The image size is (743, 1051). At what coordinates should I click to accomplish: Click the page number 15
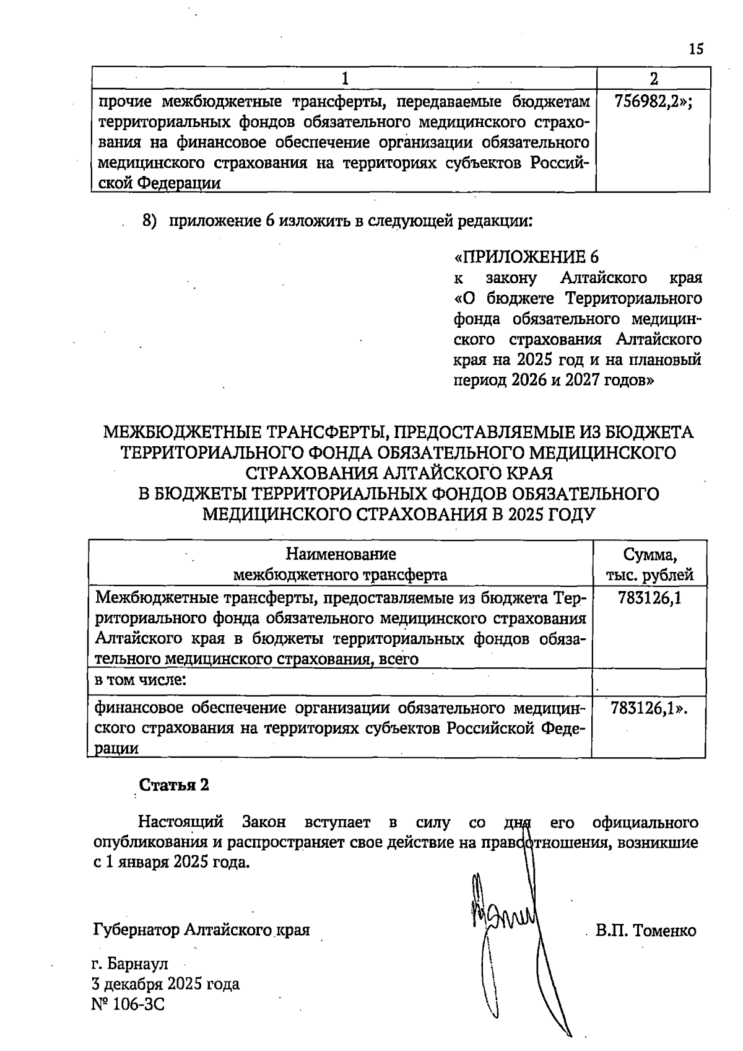(x=696, y=50)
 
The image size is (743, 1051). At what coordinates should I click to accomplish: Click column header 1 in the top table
(x=345, y=78)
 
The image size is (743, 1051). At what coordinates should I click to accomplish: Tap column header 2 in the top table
(x=654, y=78)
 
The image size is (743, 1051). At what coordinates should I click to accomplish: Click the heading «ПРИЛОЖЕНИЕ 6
(x=527, y=257)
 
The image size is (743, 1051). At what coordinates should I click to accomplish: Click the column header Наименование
(x=340, y=553)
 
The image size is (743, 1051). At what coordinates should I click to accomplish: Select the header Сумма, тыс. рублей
(x=650, y=564)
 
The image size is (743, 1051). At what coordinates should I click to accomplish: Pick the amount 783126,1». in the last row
(x=650, y=708)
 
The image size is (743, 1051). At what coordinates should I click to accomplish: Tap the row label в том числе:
(x=140, y=680)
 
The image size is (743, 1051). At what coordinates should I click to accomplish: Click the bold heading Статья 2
(x=174, y=785)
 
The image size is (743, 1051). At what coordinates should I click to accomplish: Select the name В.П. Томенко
(x=646, y=931)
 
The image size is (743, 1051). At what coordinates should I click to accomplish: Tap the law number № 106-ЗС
(x=128, y=1004)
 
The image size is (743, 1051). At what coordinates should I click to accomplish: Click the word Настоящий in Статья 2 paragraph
(x=180, y=822)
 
